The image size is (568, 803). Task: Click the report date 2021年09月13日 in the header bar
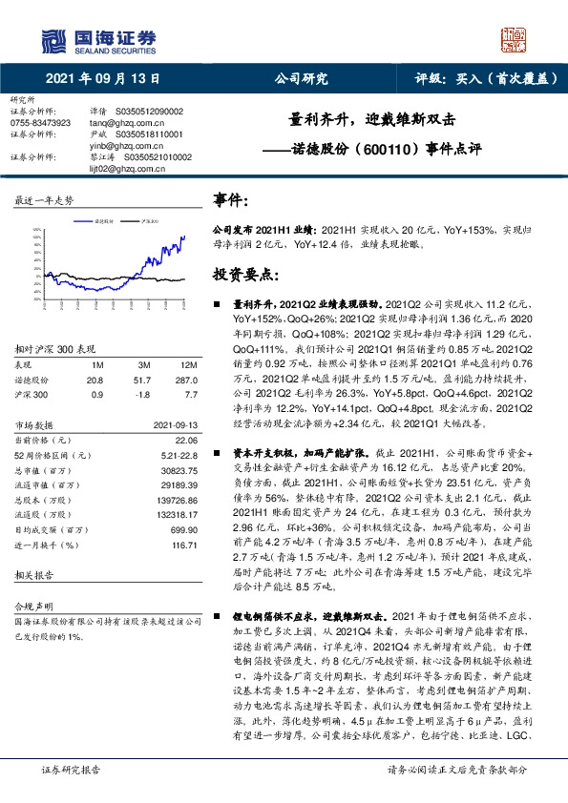[x=102, y=79]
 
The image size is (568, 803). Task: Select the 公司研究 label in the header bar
[x=301, y=79]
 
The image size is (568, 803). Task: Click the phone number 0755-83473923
[x=40, y=123]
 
